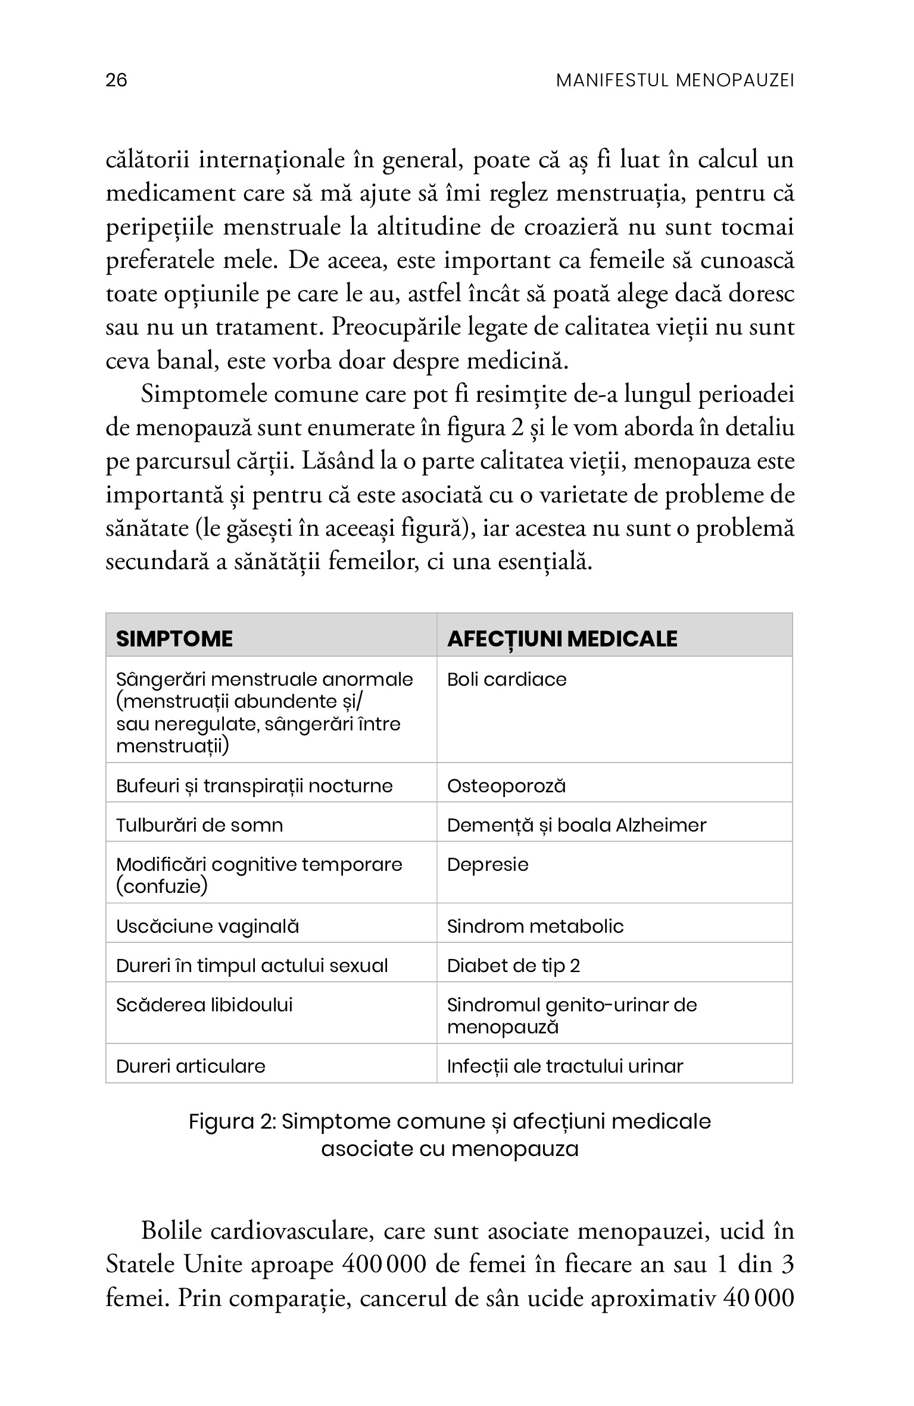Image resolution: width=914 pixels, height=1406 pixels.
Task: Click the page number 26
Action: pyautogui.click(x=116, y=80)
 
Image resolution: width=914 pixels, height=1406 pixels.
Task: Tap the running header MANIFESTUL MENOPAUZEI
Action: pyautogui.click(x=675, y=80)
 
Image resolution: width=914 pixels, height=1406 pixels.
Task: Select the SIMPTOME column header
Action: pyautogui.click(x=174, y=639)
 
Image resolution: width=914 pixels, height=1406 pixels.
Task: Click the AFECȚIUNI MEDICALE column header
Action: pyautogui.click(x=562, y=639)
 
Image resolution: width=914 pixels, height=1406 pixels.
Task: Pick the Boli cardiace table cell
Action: pyautogui.click(x=507, y=679)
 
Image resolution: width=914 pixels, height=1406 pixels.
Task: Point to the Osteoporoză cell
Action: pyautogui.click(x=506, y=786)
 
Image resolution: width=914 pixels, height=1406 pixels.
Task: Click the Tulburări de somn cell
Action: pyautogui.click(x=199, y=825)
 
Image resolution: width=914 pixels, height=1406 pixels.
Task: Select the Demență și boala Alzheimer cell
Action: pyautogui.click(x=576, y=825)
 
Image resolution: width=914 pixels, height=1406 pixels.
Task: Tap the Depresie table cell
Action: pyautogui.click(x=488, y=864)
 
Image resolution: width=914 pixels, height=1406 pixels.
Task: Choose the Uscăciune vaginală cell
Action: pyautogui.click(x=207, y=926)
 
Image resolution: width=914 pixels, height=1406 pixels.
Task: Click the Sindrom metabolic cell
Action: pyautogui.click(x=535, y=926)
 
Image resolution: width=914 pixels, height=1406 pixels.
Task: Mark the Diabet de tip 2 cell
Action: pyautogui.click(x=513, y=966)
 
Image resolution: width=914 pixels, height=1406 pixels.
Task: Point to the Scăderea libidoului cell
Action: pyautogui.click(x=204, y=1005)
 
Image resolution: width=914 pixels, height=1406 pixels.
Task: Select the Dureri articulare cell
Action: pyautogui.click(x=191, y=1066)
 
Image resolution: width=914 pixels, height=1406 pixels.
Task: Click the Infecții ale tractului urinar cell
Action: pyautogui.click(x=565, y=1066)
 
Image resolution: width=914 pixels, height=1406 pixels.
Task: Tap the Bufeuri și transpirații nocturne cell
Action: pyautogui.click(x=254, y=786)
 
